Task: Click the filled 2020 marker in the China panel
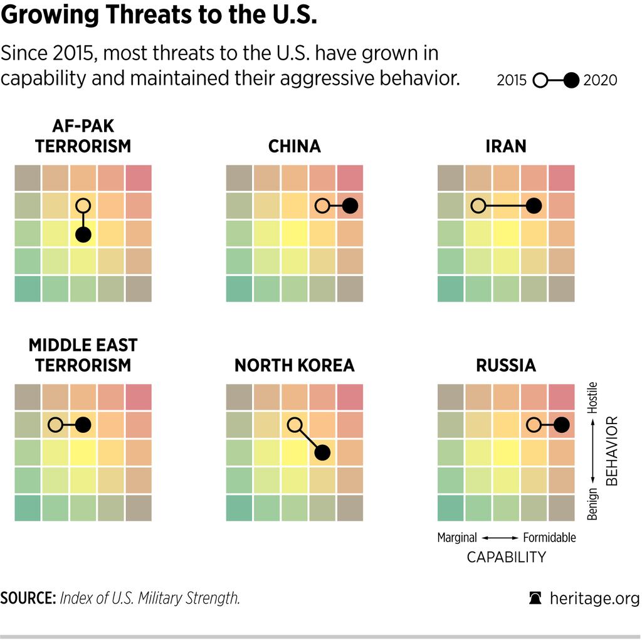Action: tap(350, 205)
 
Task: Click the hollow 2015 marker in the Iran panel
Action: tap(478, 205)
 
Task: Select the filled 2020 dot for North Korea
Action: tap(322, 452)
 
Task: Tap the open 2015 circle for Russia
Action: tap(534, 425)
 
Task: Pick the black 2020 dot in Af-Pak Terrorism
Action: tap(83, 235)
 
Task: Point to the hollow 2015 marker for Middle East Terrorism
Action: tap(56, 425)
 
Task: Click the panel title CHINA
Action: tap(294, 146)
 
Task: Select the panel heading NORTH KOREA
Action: tap(294, 365)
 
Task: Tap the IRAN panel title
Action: tap(505, 146)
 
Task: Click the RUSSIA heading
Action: tap(505, 365)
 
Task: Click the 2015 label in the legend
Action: tap(512, 80)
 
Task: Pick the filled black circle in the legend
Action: tap(571, 80)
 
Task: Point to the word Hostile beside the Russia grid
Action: tap(593, 397)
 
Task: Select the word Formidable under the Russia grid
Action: tap(549, 538)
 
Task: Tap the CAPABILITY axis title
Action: tap(506, 557)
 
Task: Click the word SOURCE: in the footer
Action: tap(28, 598)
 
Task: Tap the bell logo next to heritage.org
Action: tap(535, 598)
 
